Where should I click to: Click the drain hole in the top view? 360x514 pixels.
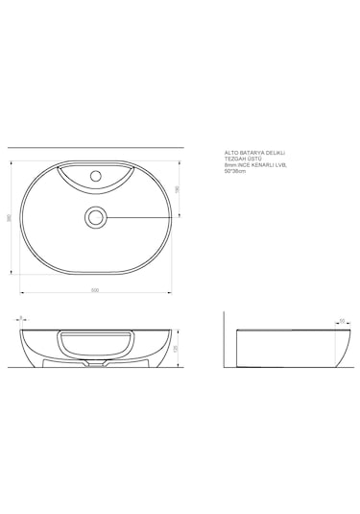(95, 217)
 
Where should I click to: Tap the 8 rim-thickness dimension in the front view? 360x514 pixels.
(20, 316)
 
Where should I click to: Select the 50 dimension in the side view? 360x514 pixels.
(342, 320)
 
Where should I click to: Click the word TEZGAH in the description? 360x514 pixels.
(233, 159)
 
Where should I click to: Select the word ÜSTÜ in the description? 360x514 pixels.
(253, 159)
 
